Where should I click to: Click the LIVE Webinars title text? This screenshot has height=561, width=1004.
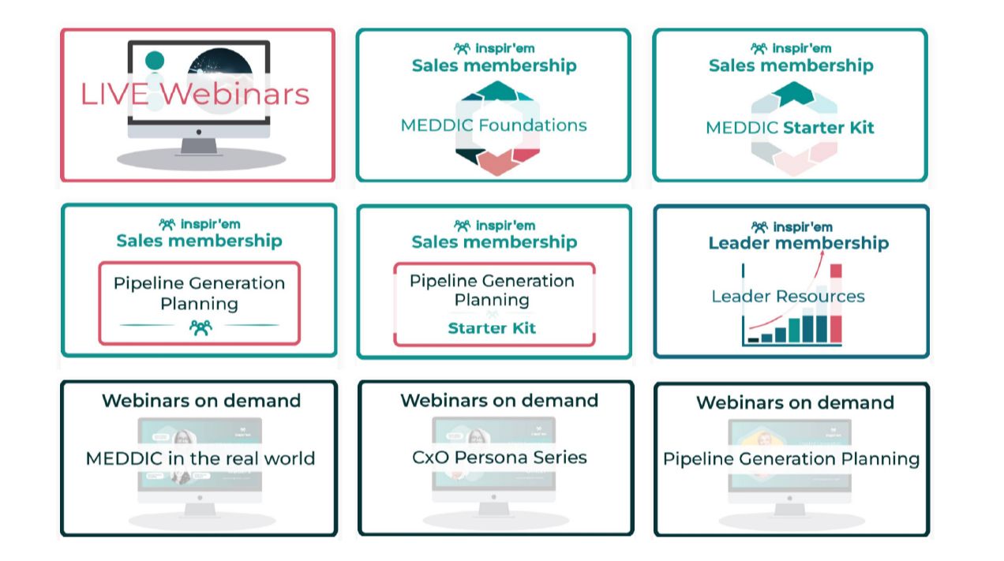coord(194,94)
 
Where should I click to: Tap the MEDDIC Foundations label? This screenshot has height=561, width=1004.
coord(493,125)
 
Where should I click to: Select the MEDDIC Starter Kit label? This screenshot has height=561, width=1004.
coord(789,128)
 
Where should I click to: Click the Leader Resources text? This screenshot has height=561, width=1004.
coord(788,297)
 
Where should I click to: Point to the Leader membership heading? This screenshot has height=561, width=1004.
coord(798,243)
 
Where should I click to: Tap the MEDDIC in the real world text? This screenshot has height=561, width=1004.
coord(200,458)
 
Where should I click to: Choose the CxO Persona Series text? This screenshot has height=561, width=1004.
coord(499,458)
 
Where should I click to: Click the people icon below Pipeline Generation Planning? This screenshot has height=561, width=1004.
coord(200,327)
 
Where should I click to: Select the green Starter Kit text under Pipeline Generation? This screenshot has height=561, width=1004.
coord(492,328)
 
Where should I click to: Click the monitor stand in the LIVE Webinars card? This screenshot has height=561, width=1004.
coord(198,146)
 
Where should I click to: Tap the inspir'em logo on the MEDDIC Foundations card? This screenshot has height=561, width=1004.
coord(494,49)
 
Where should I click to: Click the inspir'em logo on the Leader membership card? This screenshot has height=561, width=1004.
coord(791,227)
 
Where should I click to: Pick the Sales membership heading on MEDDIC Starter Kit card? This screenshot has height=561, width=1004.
coord(791,65)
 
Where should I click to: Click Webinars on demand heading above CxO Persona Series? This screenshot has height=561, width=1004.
coord(499,401)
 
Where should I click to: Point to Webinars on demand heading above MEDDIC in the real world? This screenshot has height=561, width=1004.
coord(201,401)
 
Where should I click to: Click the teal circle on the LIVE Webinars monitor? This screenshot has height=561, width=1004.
coord(155,61)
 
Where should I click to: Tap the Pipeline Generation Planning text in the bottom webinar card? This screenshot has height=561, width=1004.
coord(791,459)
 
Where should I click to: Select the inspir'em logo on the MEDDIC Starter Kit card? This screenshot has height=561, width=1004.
coord(791,49)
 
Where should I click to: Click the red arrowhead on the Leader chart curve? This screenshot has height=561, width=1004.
coord(822,255)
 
